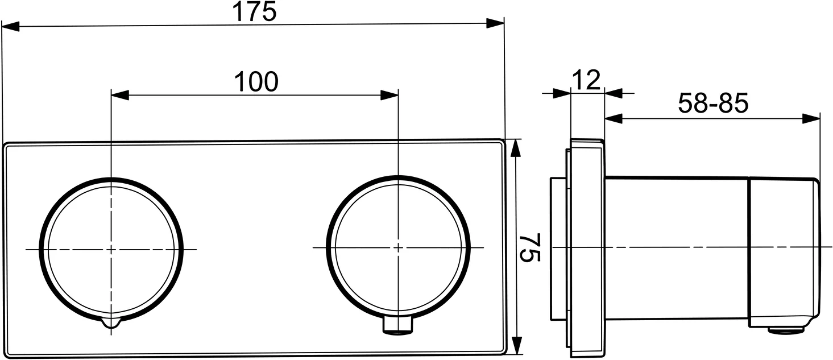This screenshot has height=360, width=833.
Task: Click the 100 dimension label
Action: [256, 82]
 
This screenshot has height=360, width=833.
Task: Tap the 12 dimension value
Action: [586, 81]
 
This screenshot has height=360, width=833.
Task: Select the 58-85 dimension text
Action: [713, 104]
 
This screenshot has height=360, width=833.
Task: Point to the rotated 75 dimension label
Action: [529, 247]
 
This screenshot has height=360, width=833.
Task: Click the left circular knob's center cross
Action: [111, 249]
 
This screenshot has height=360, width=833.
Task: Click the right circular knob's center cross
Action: [398, 247]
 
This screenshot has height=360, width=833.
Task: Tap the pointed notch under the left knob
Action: [111, 324]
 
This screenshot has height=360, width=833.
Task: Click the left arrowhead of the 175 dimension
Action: [10, 26]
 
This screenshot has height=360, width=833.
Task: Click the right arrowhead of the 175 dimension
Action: [496, 23]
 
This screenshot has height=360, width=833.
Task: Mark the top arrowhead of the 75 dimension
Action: [516, 147]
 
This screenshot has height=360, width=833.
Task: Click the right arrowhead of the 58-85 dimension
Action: [812, 118]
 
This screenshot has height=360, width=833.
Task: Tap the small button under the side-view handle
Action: [787, 329]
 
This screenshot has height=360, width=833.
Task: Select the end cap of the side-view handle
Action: [784, 253]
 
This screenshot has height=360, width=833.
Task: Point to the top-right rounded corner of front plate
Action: [500, 143]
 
